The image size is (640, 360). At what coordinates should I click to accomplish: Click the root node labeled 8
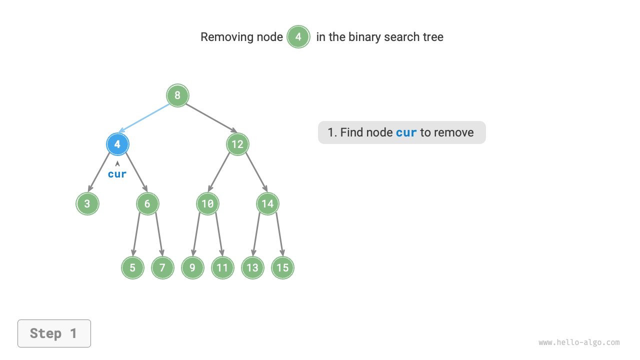click(x=177, y=95)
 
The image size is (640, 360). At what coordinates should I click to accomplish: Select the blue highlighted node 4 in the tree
click(x=117, y=144)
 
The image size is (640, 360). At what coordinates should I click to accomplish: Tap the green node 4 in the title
click(x=298, y=37)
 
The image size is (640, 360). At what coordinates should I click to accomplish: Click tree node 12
click(x=237, y=144)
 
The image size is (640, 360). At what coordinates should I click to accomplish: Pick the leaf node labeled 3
click(x=87, y=203)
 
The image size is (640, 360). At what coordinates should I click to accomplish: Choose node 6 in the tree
click(x=147, y=203)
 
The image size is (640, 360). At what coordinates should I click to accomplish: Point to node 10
click(x=207, y=203)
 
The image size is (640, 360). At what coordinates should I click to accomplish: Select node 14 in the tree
click(x=267, y=203)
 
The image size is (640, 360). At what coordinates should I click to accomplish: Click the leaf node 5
click(x=132, y=267)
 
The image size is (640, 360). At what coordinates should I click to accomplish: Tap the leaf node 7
click(x=162, y=267)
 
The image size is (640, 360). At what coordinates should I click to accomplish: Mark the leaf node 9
click(x=192, y=267)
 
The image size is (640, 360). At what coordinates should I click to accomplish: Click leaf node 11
click(x=222, y=267)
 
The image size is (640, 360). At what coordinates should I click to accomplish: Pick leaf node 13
click(x=252, y=267)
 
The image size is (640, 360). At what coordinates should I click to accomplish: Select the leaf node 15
click(x=282, y=267)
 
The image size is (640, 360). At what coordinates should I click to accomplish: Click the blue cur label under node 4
click(x=117, y=174)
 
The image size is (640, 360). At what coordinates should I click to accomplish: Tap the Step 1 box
click(x=54, y=333)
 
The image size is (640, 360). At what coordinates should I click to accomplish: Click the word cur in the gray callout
click(x=406, y=132)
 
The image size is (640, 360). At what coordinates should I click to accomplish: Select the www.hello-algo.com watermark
click(x=579, y=342)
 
